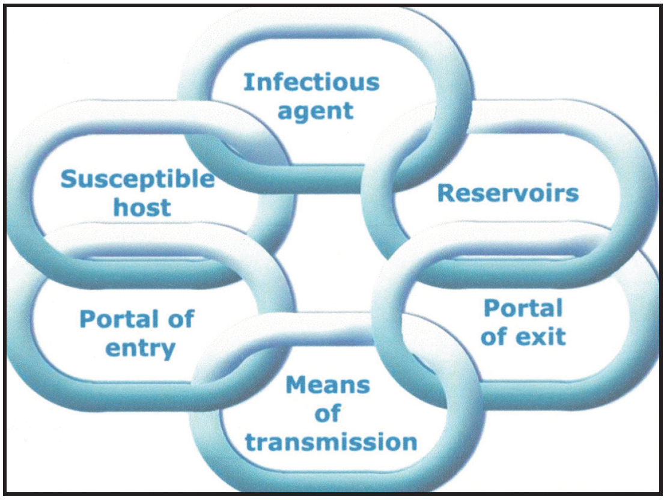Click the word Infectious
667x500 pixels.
click(311, 82)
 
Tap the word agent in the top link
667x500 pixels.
click(315, 111)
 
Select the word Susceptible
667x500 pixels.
click(137, 179)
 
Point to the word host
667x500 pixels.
click(142, 208)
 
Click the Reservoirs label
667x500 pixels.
click(508, 193)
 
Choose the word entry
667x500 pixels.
click(141, 349)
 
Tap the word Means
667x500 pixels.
click(327, 385)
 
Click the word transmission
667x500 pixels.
click(331, 442)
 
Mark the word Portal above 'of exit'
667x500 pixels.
click(523, 308)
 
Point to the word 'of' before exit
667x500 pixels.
click(493, 337)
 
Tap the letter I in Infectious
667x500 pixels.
click(246, 82)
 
